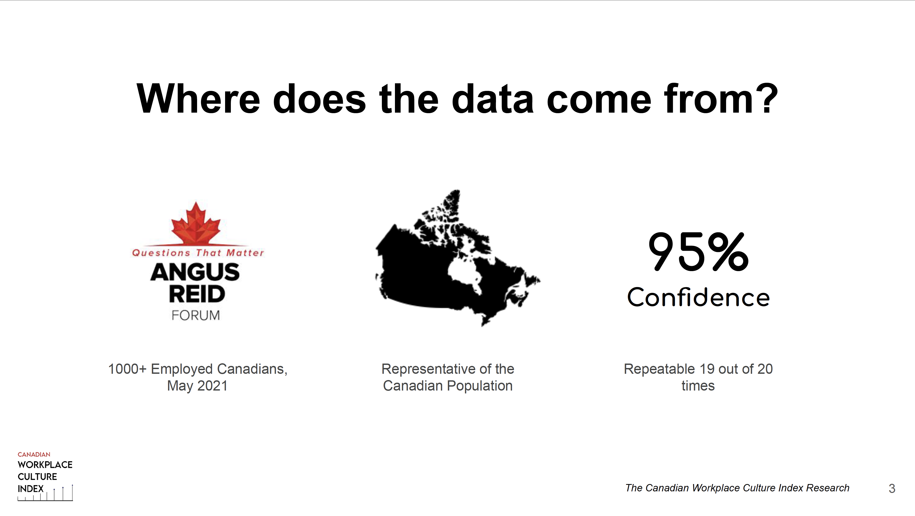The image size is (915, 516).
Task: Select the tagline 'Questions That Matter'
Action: [198, 253]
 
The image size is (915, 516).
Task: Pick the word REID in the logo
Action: [197, 294]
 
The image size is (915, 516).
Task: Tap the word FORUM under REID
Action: [196, 315]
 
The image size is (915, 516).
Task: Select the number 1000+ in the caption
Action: [127, 369]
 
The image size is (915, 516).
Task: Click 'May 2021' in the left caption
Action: [198, 386]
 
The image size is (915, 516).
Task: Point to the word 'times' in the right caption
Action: [698, 386]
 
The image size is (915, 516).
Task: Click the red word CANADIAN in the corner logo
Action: [34, 454]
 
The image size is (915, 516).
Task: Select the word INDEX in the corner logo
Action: [31, 489]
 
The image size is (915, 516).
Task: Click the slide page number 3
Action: [892, 489]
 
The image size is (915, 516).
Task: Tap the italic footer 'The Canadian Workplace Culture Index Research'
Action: [737, 488]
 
